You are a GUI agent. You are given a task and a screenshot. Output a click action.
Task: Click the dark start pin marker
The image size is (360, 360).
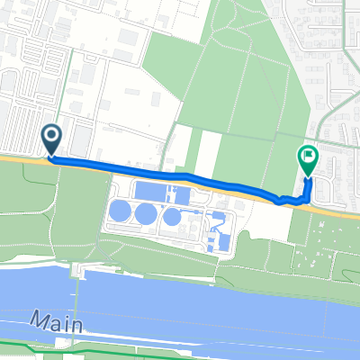51,139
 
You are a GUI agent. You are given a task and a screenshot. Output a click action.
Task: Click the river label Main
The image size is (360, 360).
50,319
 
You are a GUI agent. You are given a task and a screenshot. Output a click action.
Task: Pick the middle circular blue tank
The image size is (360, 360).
146,214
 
